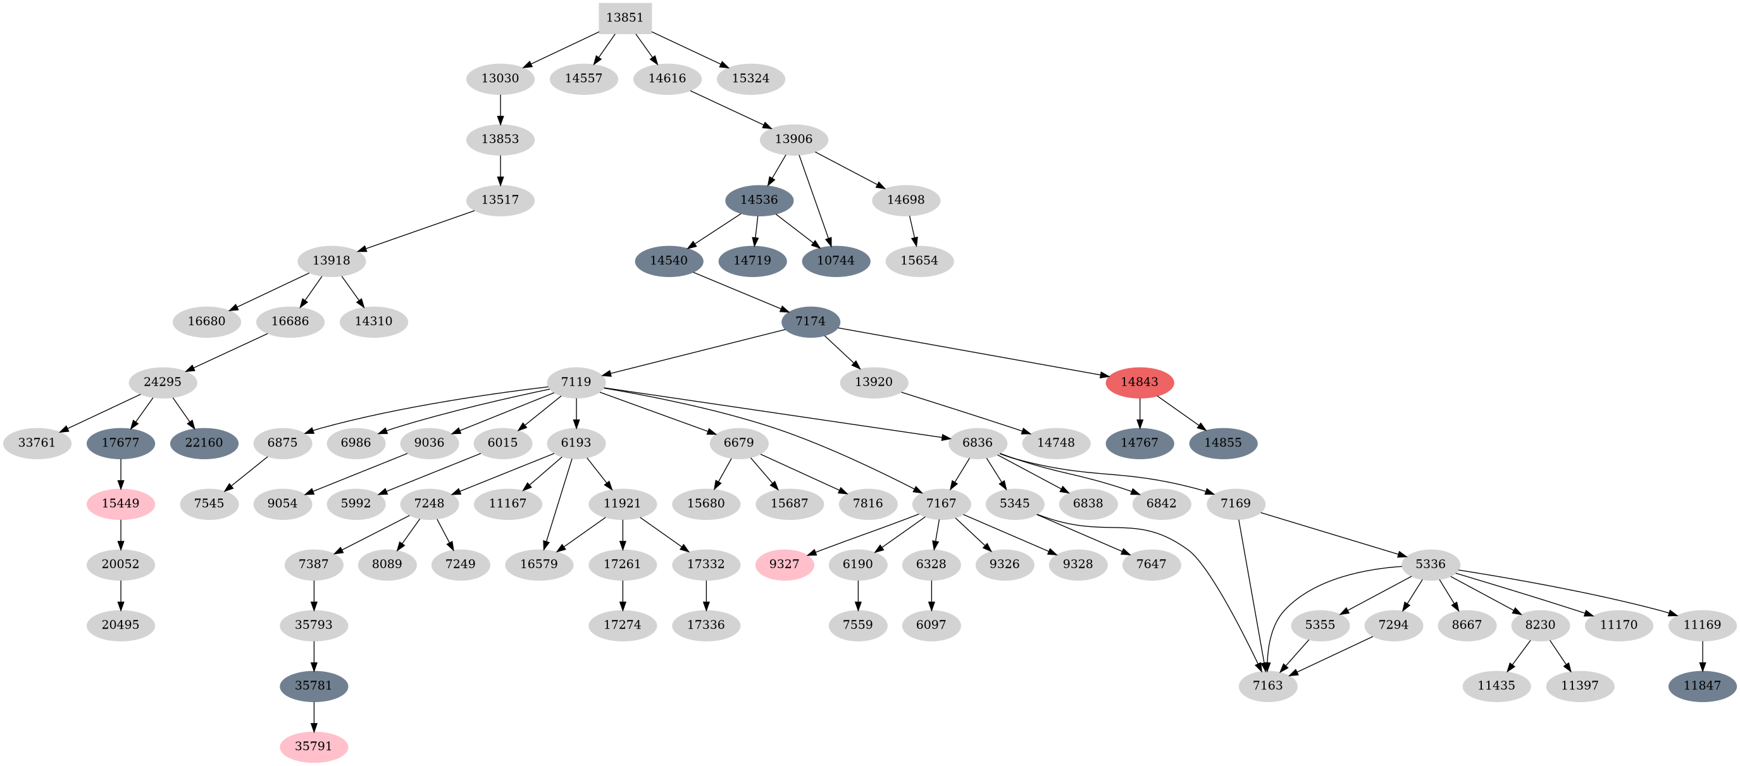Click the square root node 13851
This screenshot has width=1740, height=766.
(x=625, y=18)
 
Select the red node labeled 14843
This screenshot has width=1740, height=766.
(x=1140, y=382)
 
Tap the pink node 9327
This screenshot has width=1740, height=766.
(x=784, y=565)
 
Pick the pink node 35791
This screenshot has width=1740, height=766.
(x=313, y=747)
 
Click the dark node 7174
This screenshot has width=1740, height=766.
(x=810, y=321)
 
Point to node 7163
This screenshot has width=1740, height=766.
(x=1267, y=686)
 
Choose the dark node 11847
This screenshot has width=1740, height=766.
(x=1701, y=686)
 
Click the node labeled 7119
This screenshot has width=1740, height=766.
(x=576, y=382)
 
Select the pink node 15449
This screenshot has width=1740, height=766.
(x=120, y=504)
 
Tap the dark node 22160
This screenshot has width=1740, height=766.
(x=204, y=443)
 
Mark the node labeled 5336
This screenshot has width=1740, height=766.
(x=1430, y=565)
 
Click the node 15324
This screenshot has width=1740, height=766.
(x=750, y=78)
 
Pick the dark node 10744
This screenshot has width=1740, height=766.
(x=836, y=261)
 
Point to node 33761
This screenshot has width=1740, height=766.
(x=37, y=443)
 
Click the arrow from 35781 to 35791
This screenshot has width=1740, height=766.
(x=313, y=717)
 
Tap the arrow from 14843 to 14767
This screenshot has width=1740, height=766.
(x=1140, y=414)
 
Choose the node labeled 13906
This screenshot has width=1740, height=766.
(x=793, y=139)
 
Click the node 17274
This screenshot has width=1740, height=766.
(x=622, y=626)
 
